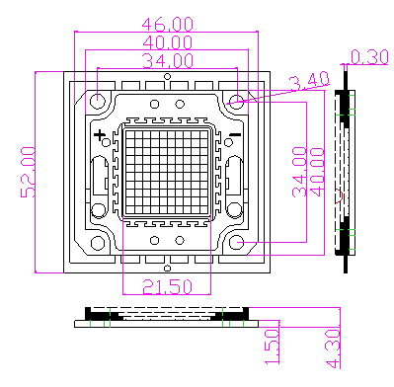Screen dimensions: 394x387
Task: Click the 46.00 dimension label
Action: pyautogui.click(x=168, y=24)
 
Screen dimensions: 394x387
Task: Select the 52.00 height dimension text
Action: pyautogui.click(x=28, y=173)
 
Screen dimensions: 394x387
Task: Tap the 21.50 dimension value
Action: pyautogui.click(x=167, y=286)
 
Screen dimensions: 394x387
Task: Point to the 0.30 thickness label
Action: pyautogui.click(x=369, y=57)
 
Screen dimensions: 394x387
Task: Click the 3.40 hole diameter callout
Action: pyautogui.click(x=309, y=80)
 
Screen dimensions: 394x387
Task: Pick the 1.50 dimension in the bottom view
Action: pyautogui.click(x=272, y=347)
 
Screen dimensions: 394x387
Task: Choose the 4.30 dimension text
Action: pyautogui.click(x=333, y=348)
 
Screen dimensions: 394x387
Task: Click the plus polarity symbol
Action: pyautogui.click(x=99, y=134)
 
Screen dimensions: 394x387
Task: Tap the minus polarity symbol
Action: pyautogui.click(x=235, y=134)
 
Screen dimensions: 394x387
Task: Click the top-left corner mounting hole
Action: pyautogui.click(x=98, y=101)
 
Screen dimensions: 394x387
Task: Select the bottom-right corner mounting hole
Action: pyautogui.click(x=236, y=243)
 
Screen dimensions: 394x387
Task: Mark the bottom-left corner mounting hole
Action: pyautogui.click(x=98, y=243)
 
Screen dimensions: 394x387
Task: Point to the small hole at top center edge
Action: pyautogui.click(x=168, y=77)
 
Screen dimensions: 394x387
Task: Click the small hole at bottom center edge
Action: pyautogui.click(x=168, y=268)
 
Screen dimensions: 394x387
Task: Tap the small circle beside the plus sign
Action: pyautogui.click(x=106, y=142)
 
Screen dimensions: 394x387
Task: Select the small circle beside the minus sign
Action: pyautogui.click(x=228, y=142)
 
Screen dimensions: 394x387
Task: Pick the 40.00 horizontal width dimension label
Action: pyautogui.click(x=168, y=42)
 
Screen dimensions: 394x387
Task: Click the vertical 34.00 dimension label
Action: pyautogui.click(x=299, y=172)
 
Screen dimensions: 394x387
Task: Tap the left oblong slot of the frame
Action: pyautogui.click(x=100, y=176)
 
